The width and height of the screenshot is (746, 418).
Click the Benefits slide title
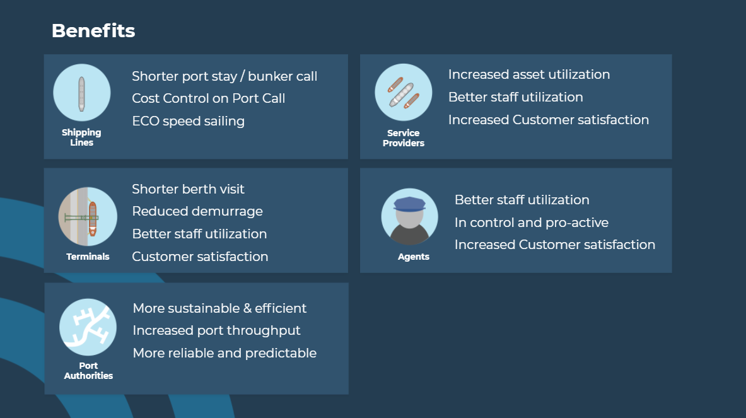tap(93, 31)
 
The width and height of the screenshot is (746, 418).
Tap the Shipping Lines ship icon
tap(82, 93)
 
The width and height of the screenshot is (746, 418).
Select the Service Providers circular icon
tap(404, 92)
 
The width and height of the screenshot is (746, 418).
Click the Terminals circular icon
tap(88, 216)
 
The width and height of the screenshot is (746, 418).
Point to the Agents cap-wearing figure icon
tap(410, 217)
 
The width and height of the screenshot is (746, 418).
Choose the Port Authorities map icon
tap(88, 327)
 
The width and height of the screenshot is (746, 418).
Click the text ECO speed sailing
tap(189, 121)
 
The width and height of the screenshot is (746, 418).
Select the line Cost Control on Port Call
tap(208, 98)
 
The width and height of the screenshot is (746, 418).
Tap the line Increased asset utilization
tap(529, 74)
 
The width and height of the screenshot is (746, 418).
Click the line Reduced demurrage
tap(197, 212)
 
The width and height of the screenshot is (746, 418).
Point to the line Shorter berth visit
tap(188, 189)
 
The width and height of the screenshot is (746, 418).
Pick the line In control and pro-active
tap(532, 223)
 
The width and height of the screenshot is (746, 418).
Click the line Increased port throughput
tap(216, 330)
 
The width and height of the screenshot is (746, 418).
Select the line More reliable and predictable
tap(224, 353)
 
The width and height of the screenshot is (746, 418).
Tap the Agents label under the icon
tap(414, 257)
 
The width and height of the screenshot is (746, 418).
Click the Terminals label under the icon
tap(88, 257)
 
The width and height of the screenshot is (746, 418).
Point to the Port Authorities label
tap(88, 371)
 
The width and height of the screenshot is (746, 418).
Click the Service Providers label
tap(404, 138)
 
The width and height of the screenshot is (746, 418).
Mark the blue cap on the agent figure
tap(409, 204)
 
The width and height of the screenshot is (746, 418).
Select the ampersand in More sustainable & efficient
tap(247, 308)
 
